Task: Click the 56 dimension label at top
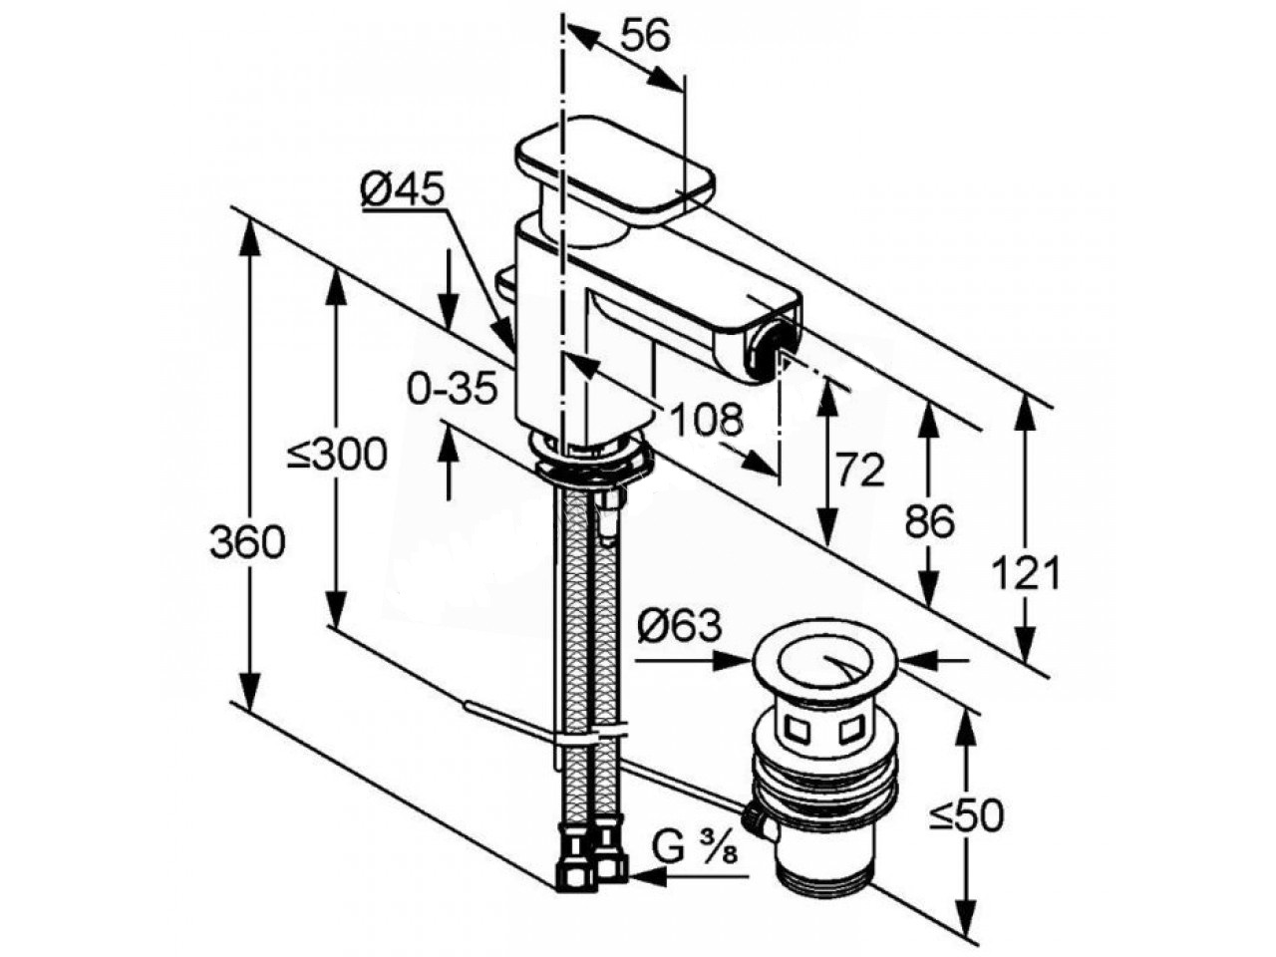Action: [x=645, y=37]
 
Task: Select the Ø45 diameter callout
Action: [x=403, y=187]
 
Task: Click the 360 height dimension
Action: [x=247, y=542]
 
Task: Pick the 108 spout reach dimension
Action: [x=707, y=419]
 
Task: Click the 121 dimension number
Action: [x=1025, y=572]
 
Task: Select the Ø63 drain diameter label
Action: [x=680, y=627]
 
